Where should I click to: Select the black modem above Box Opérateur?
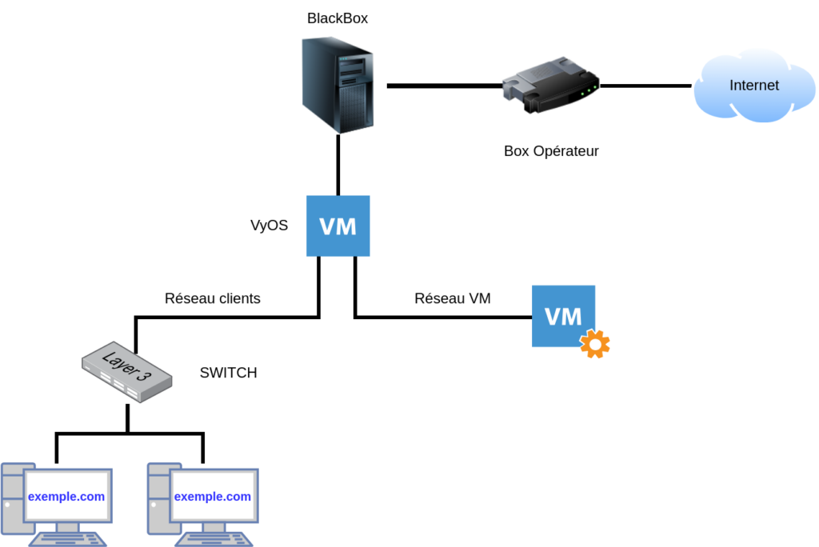click(x=549, y=84)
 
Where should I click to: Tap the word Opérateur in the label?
click(x=564, y=151)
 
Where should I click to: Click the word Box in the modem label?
click(x=515, y=151)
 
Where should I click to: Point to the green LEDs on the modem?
click(x=588, y=92)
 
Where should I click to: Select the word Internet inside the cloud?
click(x=753, y=86)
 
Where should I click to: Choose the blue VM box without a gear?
click(x=338, y=226)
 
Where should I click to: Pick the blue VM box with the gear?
click(x=563, y=315)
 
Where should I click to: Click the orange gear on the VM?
click(x=595, y=344)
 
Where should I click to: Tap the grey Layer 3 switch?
click(x=126, y=373)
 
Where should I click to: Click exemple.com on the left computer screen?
click(x=66, y=497)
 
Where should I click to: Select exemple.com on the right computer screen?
click(x=213, y=497)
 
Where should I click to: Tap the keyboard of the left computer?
click(x=67, y=539)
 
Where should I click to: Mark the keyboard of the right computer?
click(x=214, y=539)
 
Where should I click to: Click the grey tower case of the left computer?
click(x=12, y=500)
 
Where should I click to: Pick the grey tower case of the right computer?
click(x=158, y=500)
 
